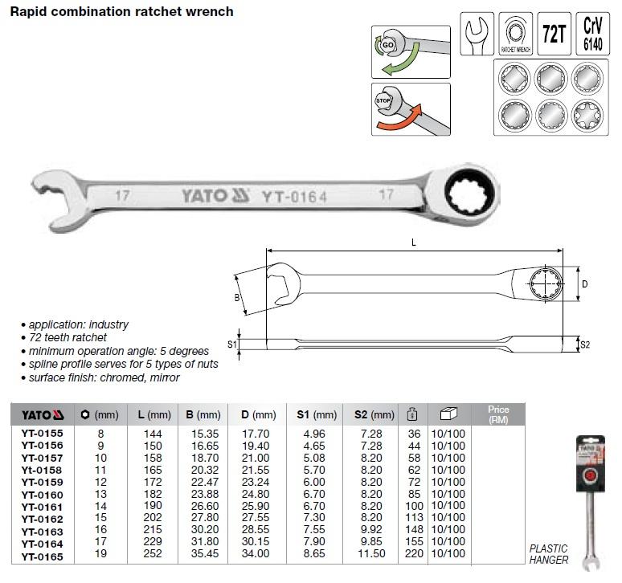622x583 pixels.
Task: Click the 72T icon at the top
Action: point(554,34)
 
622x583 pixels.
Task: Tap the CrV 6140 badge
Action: point(592,34)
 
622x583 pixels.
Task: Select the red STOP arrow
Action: point(399,119)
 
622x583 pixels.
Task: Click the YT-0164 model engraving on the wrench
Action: point(294,197)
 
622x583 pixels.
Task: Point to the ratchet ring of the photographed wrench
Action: point(470,194)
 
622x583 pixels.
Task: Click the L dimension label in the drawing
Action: point(413,243)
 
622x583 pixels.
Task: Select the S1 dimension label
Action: point(231,344)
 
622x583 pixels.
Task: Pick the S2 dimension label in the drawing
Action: point(585,344)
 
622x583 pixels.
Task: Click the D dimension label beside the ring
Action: point(585,283)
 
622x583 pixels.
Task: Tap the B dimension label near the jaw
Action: point(237,298)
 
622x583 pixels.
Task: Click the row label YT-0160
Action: point(42,495)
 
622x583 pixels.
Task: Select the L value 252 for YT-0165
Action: point(153,553)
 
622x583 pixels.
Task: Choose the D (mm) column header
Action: point(258,414)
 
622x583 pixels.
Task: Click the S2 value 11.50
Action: point(371,553)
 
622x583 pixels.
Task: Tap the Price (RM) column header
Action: point(498,414)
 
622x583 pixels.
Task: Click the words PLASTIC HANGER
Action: point(549,554)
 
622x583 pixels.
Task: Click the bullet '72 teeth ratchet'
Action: point(68,337)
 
